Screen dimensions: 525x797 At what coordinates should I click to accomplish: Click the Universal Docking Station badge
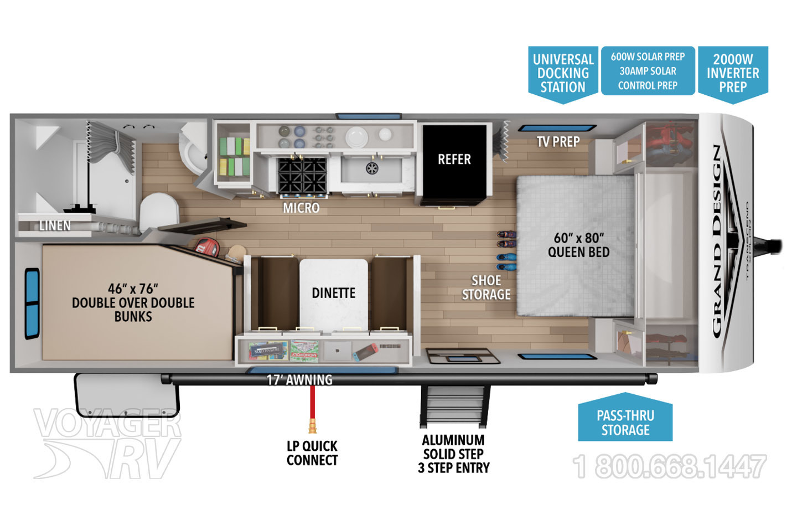point(562,73)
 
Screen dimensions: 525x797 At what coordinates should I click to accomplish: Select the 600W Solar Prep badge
point(648,71)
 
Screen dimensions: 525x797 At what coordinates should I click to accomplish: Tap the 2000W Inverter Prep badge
point(732,73)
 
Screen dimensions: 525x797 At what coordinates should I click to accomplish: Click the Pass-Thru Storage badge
point(625,422)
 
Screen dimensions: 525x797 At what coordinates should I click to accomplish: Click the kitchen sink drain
point(372,168)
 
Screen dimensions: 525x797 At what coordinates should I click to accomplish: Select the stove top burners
point(302,175)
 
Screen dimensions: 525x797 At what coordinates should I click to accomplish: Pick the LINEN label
point(55,226)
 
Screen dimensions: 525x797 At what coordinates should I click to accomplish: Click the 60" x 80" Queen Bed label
point(578,245)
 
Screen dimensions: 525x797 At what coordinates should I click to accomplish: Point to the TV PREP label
point(558,142)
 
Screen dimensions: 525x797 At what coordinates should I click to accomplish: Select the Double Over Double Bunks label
point(133,302)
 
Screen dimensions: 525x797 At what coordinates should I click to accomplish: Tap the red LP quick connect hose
point(313,407)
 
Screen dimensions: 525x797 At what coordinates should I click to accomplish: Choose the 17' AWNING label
point(299,380)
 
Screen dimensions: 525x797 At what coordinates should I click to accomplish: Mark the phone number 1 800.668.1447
point(670,466)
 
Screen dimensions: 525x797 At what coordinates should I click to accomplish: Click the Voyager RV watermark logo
point(108,443)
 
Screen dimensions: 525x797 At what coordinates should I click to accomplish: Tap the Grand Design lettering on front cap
point(717,241)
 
